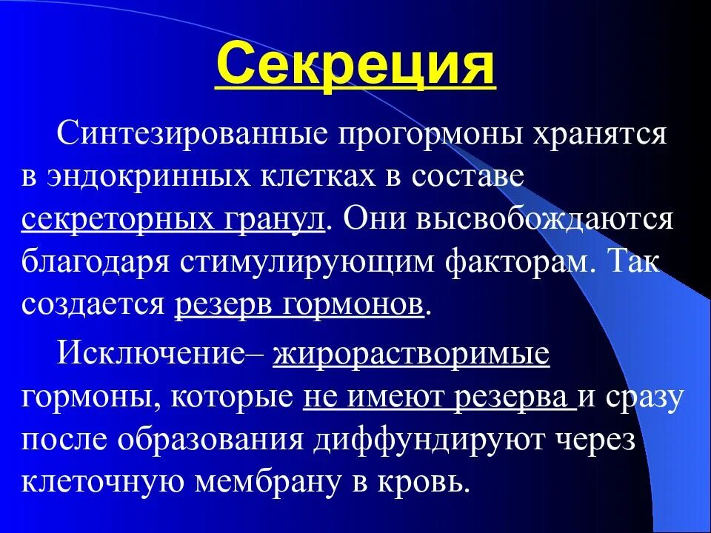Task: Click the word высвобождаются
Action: click(x=552, y=221)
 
